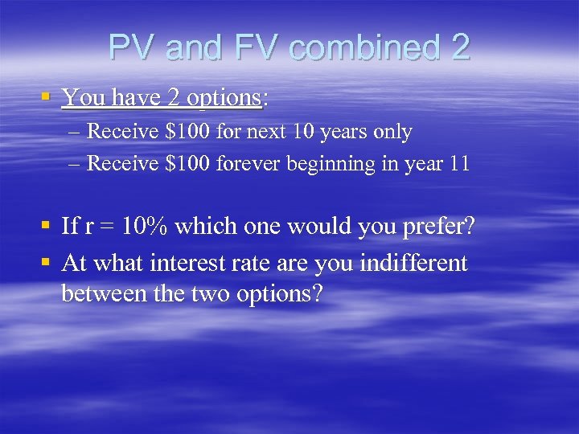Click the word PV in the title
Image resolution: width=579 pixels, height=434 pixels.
130,48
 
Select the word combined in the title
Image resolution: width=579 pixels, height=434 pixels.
362,48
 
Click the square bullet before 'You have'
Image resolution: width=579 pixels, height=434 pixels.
47,98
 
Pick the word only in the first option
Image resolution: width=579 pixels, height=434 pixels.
392,132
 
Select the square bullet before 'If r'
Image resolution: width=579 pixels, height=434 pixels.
47,227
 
